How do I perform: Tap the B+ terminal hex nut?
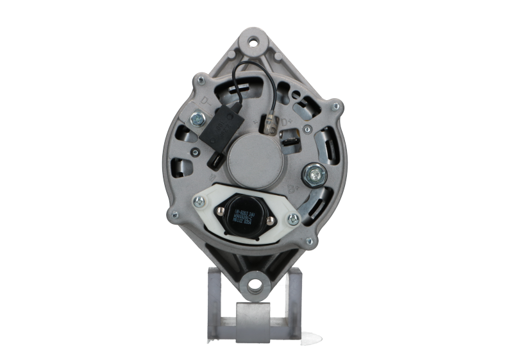point(315,173)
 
